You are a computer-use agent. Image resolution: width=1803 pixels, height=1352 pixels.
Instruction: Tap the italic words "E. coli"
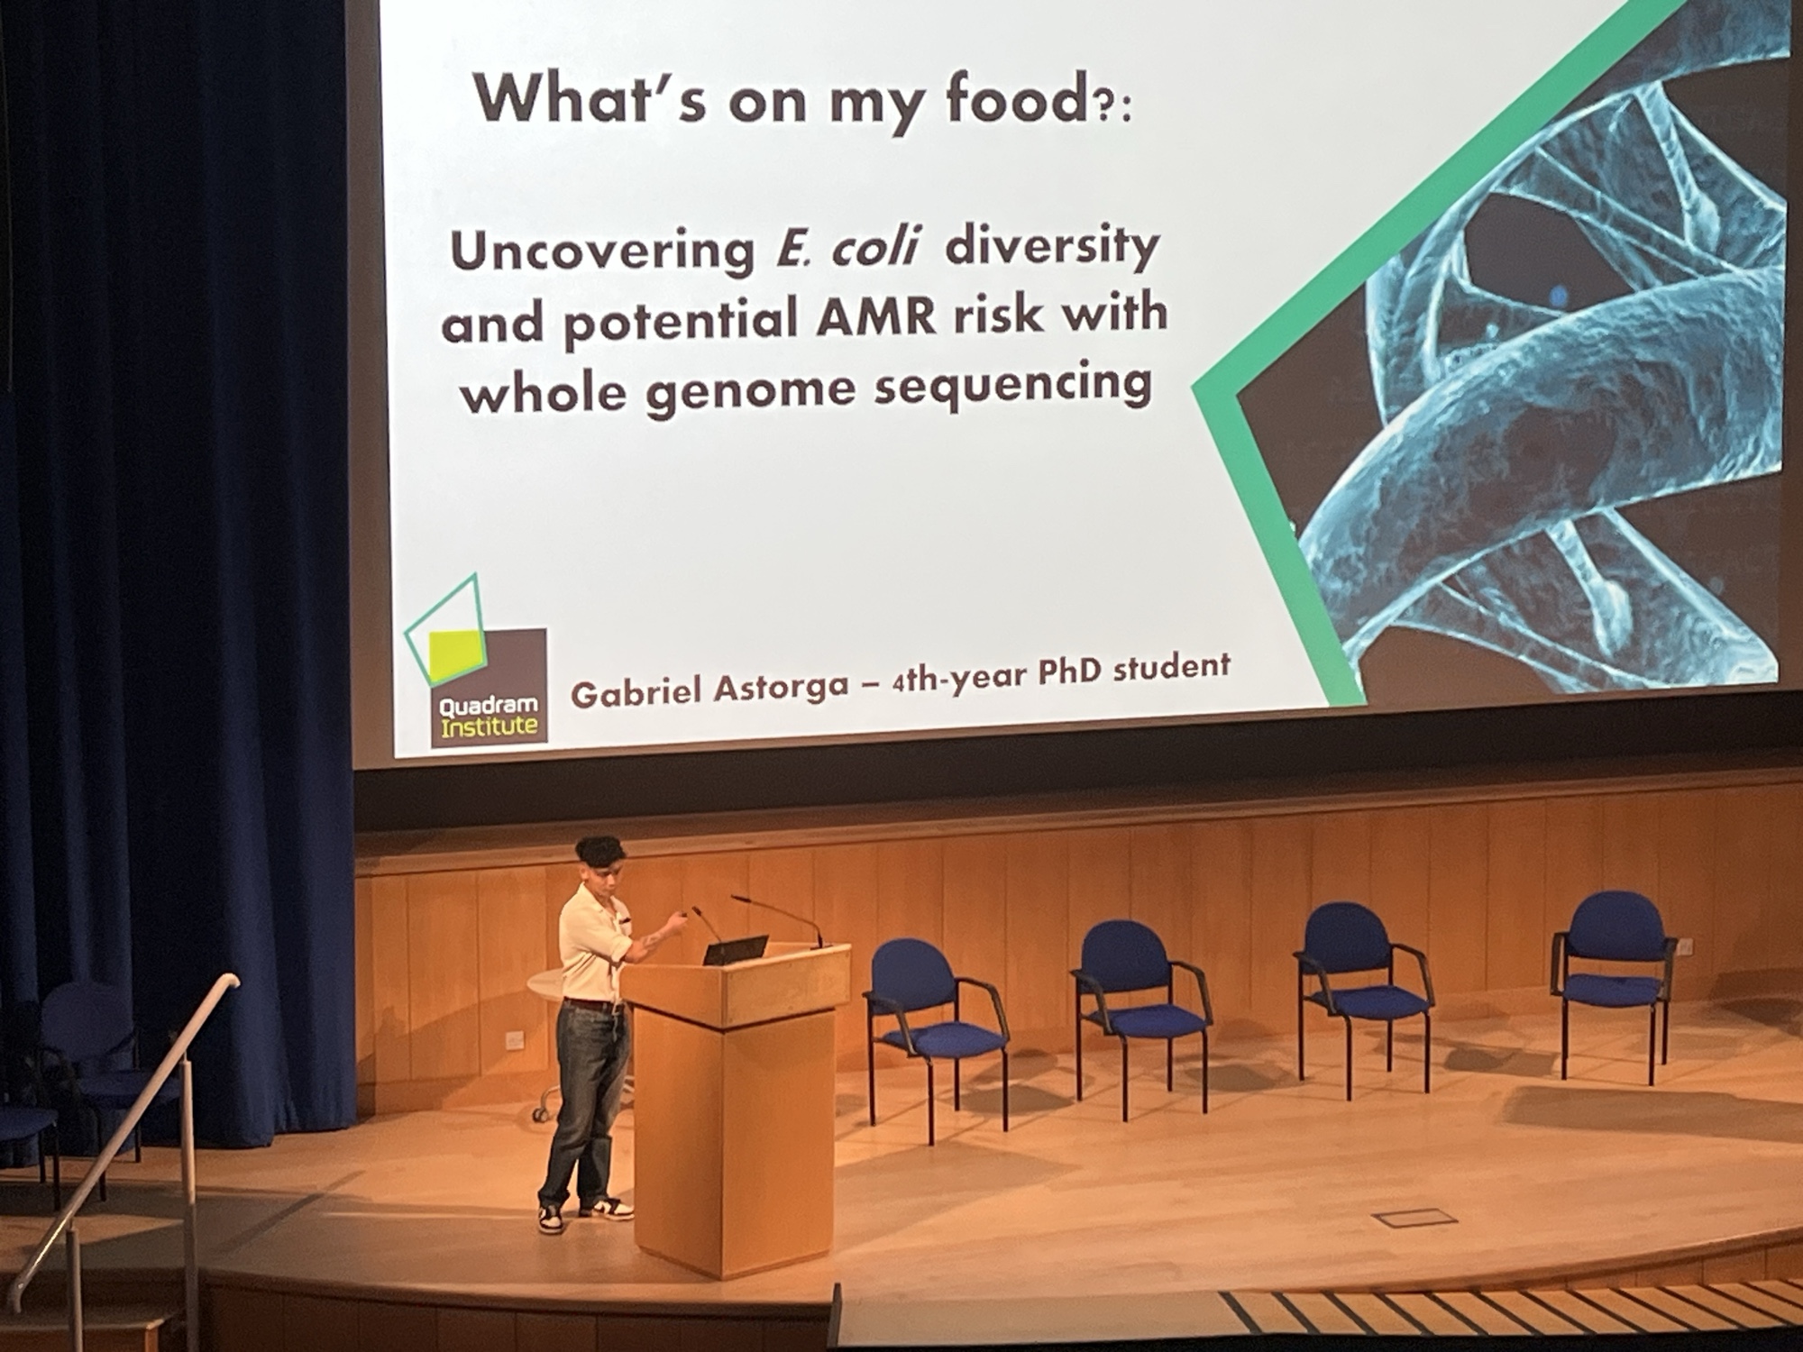pos(846,250)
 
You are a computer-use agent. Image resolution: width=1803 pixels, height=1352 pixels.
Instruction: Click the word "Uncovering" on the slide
pos(603,252)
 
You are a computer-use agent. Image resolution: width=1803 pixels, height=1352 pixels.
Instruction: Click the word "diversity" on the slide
pos(1050,247)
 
